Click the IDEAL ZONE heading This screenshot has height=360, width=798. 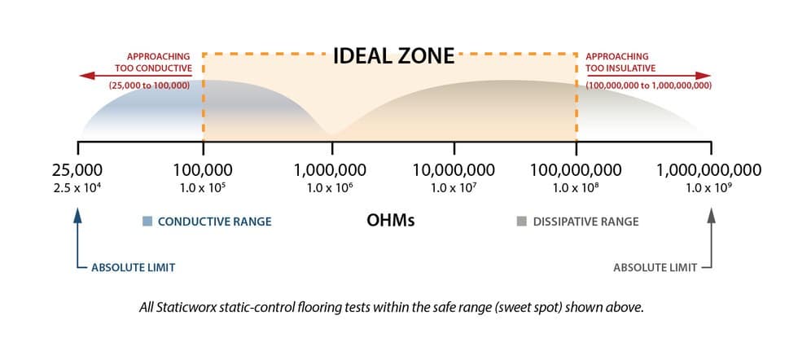[394, 57]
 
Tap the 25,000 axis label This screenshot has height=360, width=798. [77, 170]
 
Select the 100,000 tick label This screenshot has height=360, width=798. [203, 170]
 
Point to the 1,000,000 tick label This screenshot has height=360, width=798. [331, 170]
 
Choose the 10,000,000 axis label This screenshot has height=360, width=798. [454, 170]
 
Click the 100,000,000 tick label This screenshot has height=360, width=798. [576, 170]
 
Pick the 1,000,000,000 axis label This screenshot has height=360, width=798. [709, 170]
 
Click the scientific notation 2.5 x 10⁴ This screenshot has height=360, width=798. [77, 188]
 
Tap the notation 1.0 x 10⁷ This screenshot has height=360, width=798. [454, 188]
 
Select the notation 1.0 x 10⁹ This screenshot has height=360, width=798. [709, 188]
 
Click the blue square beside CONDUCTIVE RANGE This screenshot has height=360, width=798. [147, 221]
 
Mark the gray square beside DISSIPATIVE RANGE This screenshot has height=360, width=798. [522, 221]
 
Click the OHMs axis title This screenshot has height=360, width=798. [391, 221]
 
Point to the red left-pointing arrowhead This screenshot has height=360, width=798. [84, 74]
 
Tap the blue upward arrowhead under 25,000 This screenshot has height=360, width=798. [77, 215]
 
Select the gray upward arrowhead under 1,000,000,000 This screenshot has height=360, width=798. [711, 215]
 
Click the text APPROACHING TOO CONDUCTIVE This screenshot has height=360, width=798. [160, 62]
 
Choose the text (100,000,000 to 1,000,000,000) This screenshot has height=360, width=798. [648, 86]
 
